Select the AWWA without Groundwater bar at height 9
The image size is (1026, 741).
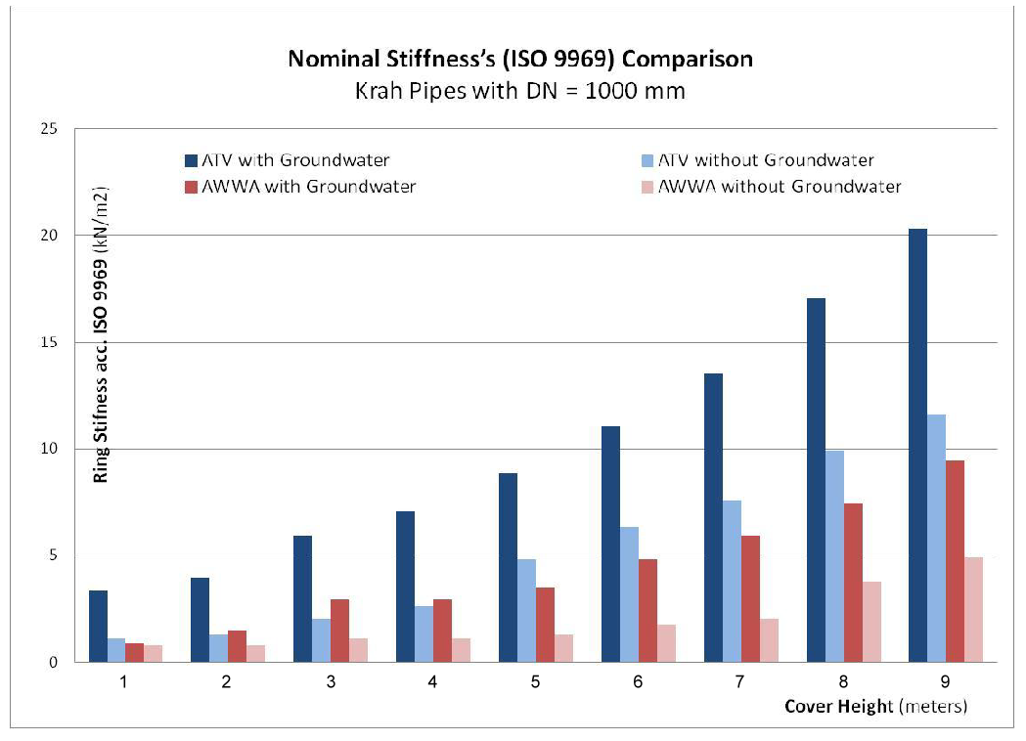pyautogui.click(x=973, y=610)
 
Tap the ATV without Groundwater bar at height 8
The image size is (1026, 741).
pyautogui.click(x=833, y=556)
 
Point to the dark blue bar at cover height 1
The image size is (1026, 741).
pyautogui.click(x=98, y=627)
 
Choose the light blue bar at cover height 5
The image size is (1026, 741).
pyautogui.click(x=526, y=611)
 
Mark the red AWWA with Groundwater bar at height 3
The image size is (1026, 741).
pyautogui.click(x=340, y=631)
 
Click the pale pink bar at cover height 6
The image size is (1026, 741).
pyautogui.click(x=666, y=643)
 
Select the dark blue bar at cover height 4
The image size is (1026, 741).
pyautogui.click(x=406, y=587)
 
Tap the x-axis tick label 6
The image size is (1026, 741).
pyautogui.click(x=638, y=681)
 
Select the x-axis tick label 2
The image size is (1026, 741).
pyautogui.click(x=227, y=681)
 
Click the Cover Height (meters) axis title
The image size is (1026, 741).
pyautogui.click(x=874, y=706)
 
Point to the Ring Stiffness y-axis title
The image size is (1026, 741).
pyautogui.click(x=100, y=332)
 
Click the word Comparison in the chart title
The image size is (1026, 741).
pyautogui.click(x=688, y=59)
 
